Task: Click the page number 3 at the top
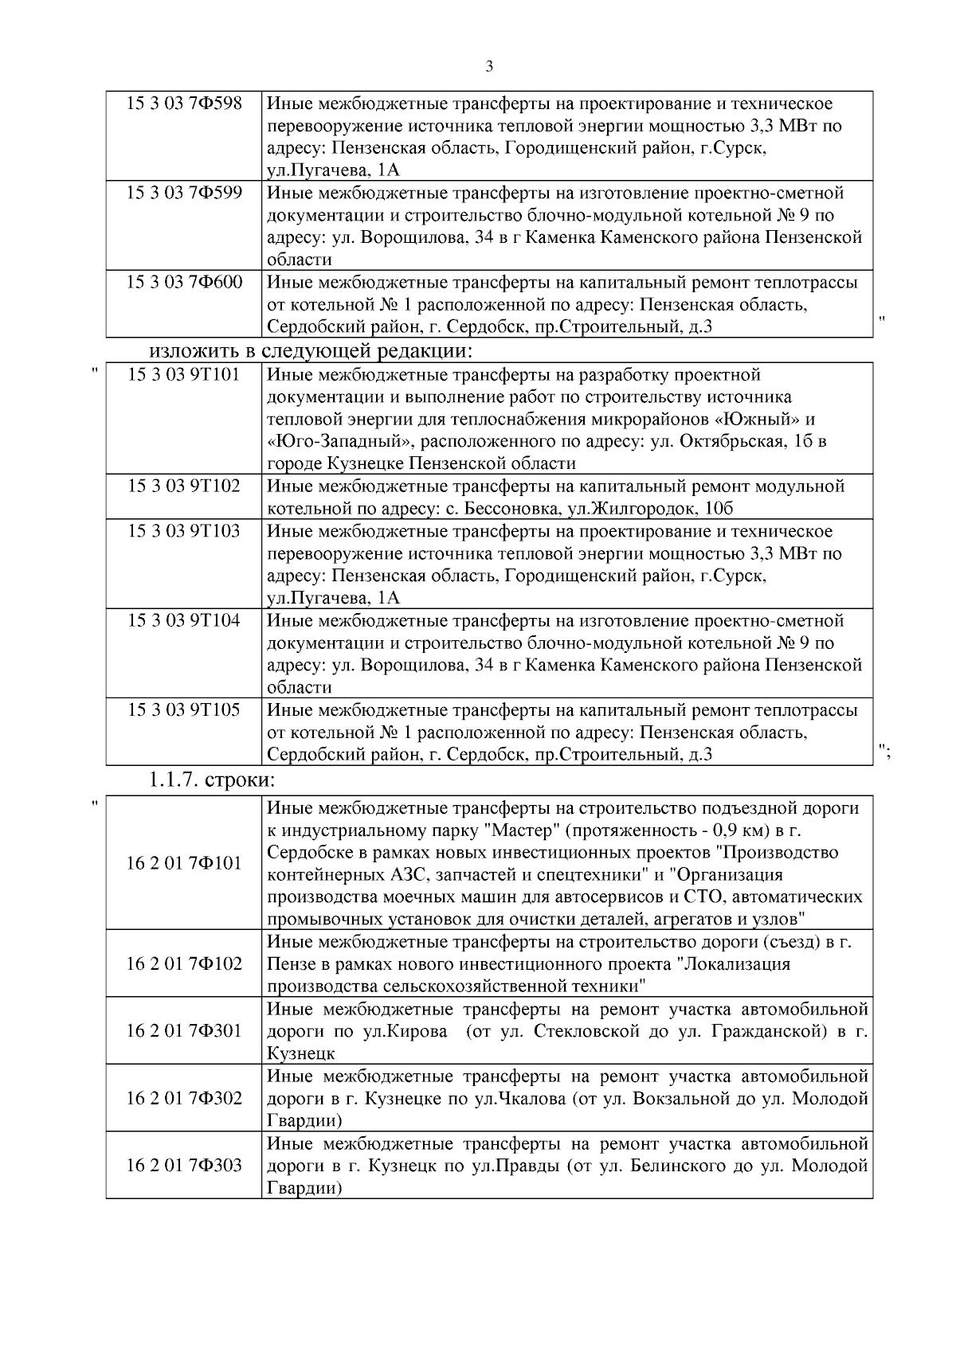point(488,67)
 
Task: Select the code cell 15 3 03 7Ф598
point(184,104)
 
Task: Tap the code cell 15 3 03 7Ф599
point(184,193)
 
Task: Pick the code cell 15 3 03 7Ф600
point(184,282)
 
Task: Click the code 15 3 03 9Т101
point(184,374)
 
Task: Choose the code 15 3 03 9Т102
point(184,486)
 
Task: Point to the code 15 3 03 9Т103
point(184,530)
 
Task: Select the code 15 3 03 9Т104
point(184,619)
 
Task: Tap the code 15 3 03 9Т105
point(184,709)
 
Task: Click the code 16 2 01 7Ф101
point(184,863)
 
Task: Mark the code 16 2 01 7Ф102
point(184,963)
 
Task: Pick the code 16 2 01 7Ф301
point(184,1031)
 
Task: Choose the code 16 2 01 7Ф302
point(184,1098)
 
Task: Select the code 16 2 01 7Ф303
point(184,1165)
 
